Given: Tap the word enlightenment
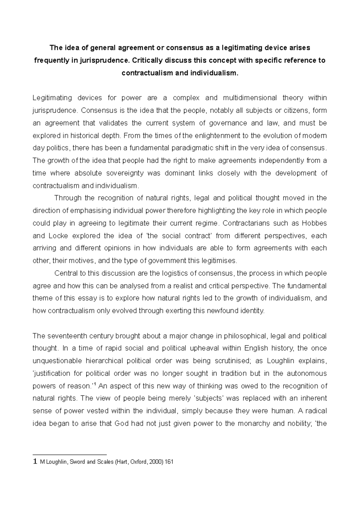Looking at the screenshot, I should tap(216, 135).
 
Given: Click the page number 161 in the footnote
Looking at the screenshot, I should tap(169, 462).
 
